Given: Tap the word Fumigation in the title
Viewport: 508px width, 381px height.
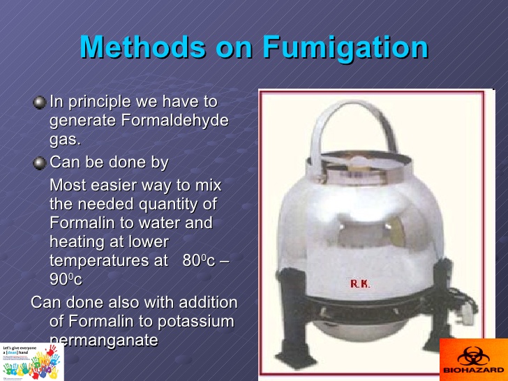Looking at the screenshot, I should (345, 47).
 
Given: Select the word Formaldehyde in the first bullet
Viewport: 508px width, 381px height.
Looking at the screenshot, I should (176, 120).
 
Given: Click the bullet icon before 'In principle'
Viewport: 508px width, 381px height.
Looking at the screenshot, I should (40, 103).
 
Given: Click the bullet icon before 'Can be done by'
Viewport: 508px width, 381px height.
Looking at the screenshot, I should (40, 163).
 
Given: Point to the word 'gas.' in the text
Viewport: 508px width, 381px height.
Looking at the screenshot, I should (65, 139).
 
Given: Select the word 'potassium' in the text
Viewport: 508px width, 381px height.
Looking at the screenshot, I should (202, 322).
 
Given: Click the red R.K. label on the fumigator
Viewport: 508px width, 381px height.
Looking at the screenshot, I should (360, 284).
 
